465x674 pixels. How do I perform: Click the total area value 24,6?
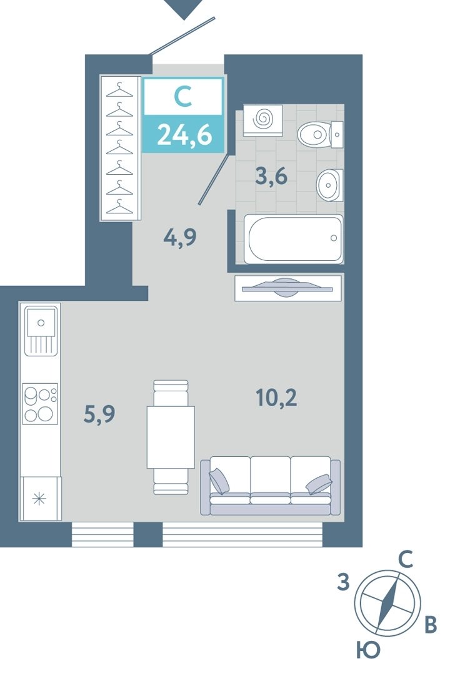click(x=184, y=135)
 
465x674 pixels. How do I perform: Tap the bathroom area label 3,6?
click(x=271, y=177)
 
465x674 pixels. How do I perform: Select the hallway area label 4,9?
click(x=180, y=237)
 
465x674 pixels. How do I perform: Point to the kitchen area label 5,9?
click(x=99, y=414)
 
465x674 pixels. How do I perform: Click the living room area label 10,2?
click(x=276, y=398)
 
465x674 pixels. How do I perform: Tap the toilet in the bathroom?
click(x=321, y=134)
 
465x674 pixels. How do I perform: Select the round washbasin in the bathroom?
click(x=329, y=185)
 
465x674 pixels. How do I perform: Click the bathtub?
click(x=294, y=238)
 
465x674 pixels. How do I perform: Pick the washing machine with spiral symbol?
click(x=263, y=120)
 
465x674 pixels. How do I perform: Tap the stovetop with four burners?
click(x=40, y=404)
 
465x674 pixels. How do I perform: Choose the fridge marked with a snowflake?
click(x=40, y=499)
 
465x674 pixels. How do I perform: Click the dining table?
click(x=171, y=437)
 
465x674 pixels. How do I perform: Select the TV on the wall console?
click(x=287, y=288)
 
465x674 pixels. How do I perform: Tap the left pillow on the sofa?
click(x=219, y=481)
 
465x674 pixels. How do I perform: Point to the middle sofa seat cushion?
click(x=270, y=480)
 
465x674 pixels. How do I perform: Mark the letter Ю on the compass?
click(x=368, y=650)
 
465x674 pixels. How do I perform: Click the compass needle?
click(x=387, y=603)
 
